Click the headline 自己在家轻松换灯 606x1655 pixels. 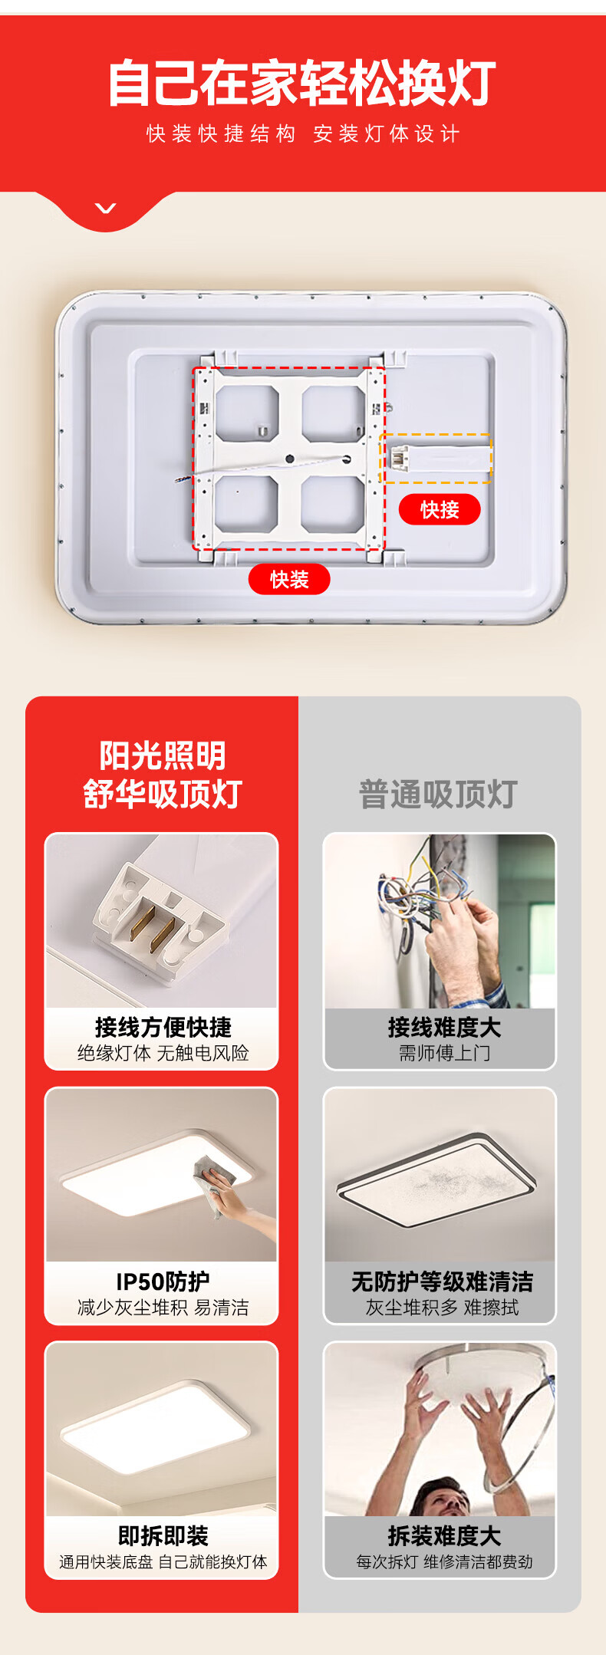tap(302, 84)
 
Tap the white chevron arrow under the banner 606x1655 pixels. tap(106, 208)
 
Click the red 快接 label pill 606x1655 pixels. tap(440, 509)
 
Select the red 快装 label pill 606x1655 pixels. tap(289, 579)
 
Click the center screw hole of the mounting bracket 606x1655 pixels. tap(290, 459)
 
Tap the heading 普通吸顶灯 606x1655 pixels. tap(438, 794)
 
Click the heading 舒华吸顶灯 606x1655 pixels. tap(163, 794)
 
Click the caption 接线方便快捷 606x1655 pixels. tap(163, 1027)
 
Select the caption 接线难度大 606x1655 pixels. tap(444, 1027)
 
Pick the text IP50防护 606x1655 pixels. tap(163, 1282)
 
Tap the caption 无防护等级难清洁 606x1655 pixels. tap(442, 1282)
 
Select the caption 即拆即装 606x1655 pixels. tap(163, 1536)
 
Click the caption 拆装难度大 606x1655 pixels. tap(444, 1536)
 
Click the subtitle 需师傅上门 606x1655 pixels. tap(444, 1053)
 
